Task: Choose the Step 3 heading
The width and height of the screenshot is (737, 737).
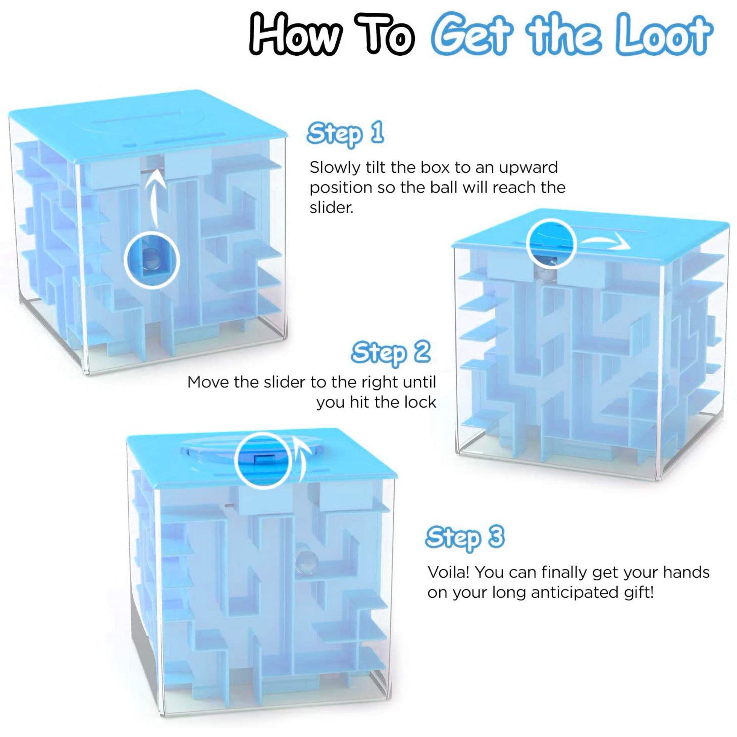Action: (x=465, y=537)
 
